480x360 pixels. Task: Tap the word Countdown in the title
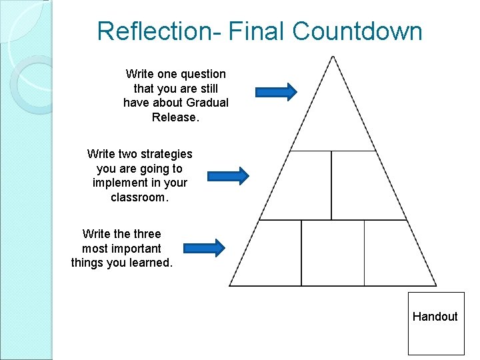[357, 31]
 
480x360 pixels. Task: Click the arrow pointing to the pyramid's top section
[275, 92]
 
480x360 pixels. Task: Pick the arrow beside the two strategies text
[228, 175]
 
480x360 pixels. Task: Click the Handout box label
[435, 317]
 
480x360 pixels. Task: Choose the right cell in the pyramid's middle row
[363, 187]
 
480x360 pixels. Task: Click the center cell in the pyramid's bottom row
[333, 253]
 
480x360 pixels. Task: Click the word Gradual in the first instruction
[207, 103]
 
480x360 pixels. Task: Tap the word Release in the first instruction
[174, 117]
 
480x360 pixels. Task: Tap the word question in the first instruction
[203, 74]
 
